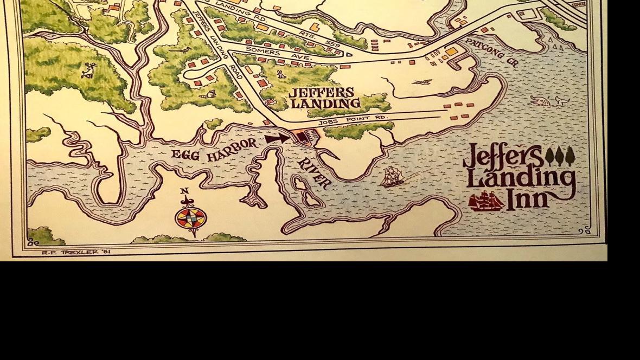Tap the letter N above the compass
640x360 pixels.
184,191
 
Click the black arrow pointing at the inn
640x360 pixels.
277,139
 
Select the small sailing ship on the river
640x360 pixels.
392,177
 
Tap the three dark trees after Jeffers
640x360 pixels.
559,156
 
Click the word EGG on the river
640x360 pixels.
185,154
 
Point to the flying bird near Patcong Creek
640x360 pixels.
421,82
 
